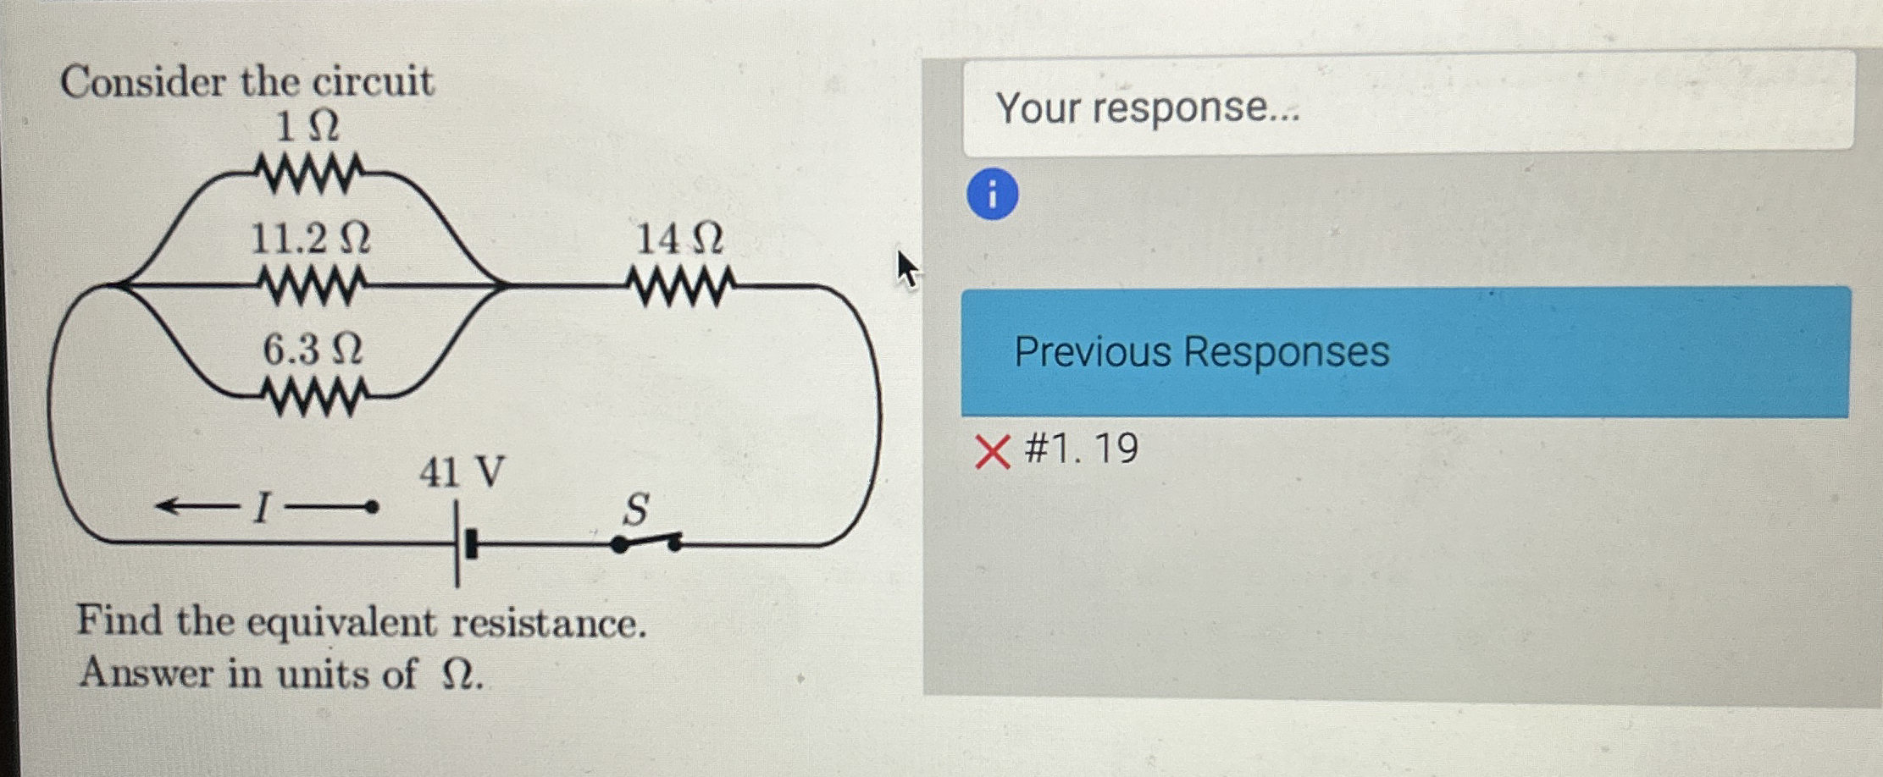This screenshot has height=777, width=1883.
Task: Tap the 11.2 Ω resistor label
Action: click(x=311, y=240)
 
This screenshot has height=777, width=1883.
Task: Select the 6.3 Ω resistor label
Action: click(x=313, y=350)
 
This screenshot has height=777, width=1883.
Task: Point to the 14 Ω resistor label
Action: click(x=679, y=240)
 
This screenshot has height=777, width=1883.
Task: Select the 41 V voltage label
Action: click(x=462, y=472)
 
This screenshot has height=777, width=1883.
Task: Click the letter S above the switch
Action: click(x=635, y=510)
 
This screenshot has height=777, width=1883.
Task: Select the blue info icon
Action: click(x=992, y=194)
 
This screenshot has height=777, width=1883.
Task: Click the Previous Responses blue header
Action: click(x=1404, y=351)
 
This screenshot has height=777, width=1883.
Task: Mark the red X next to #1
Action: click(x=992, y=451)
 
